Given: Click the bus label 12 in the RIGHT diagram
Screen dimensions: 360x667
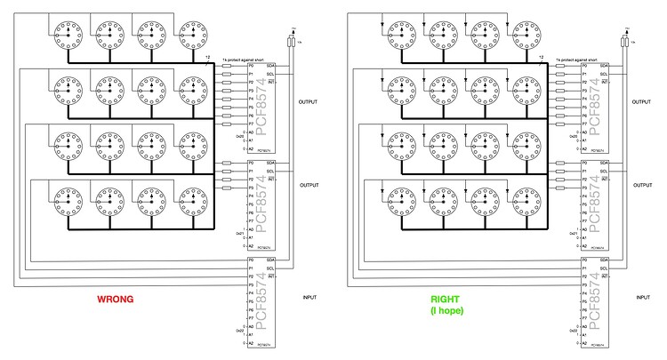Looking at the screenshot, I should click(x=541, y=57).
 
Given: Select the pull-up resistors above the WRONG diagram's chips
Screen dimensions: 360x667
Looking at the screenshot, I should click(x=291, y=41).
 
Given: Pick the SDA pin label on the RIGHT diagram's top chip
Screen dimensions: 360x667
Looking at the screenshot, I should click(x=605, y=66).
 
